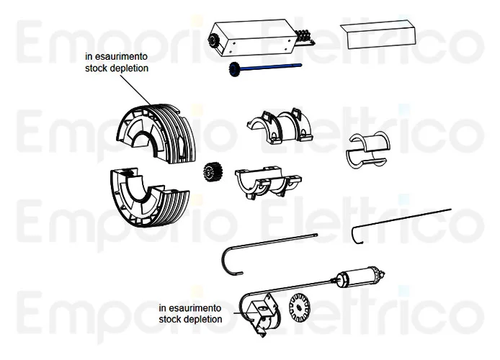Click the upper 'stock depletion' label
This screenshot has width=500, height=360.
(116, 69)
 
